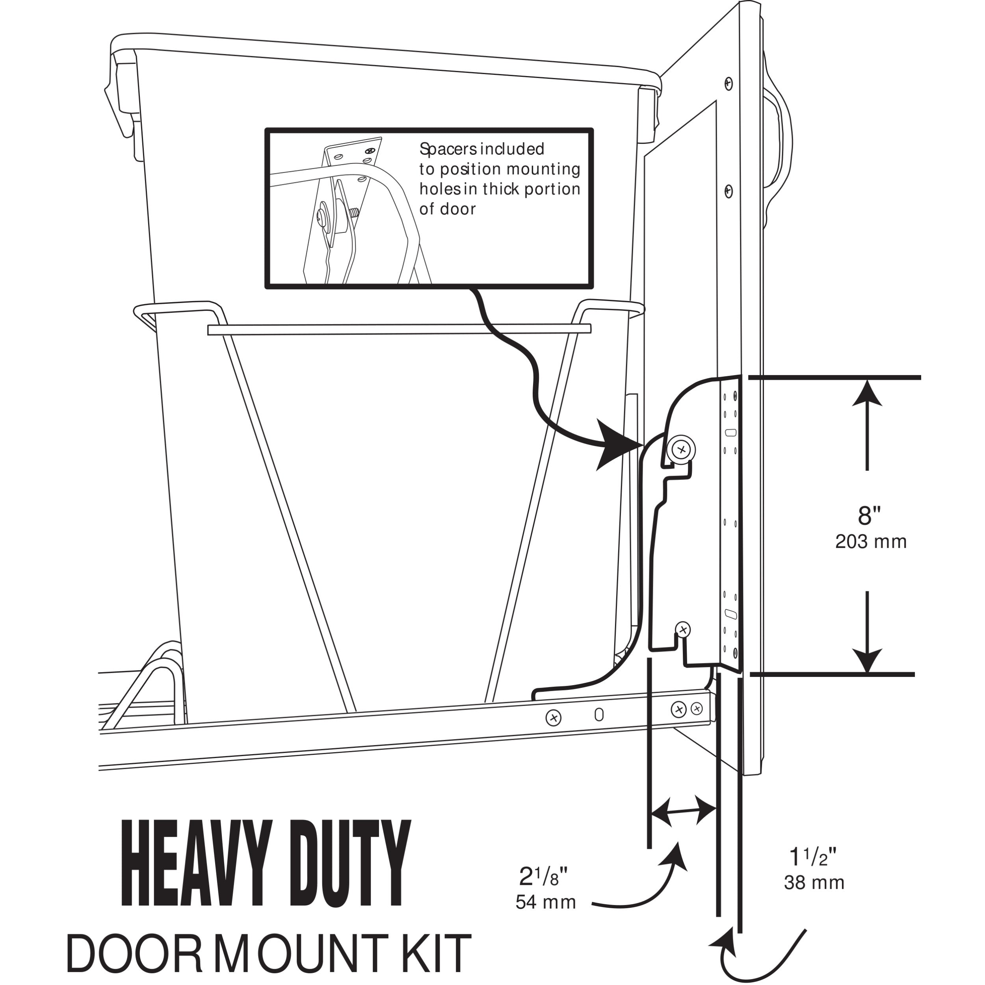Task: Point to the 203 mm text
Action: [x=871, y=541]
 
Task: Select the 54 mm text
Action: [x=546, y=902]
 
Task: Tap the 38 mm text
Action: [x=814, y=883]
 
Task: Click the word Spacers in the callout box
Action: [x=448, y=149]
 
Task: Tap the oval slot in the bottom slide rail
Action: [x=599, y=714]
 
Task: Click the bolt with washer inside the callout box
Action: [x=324, y=216]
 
